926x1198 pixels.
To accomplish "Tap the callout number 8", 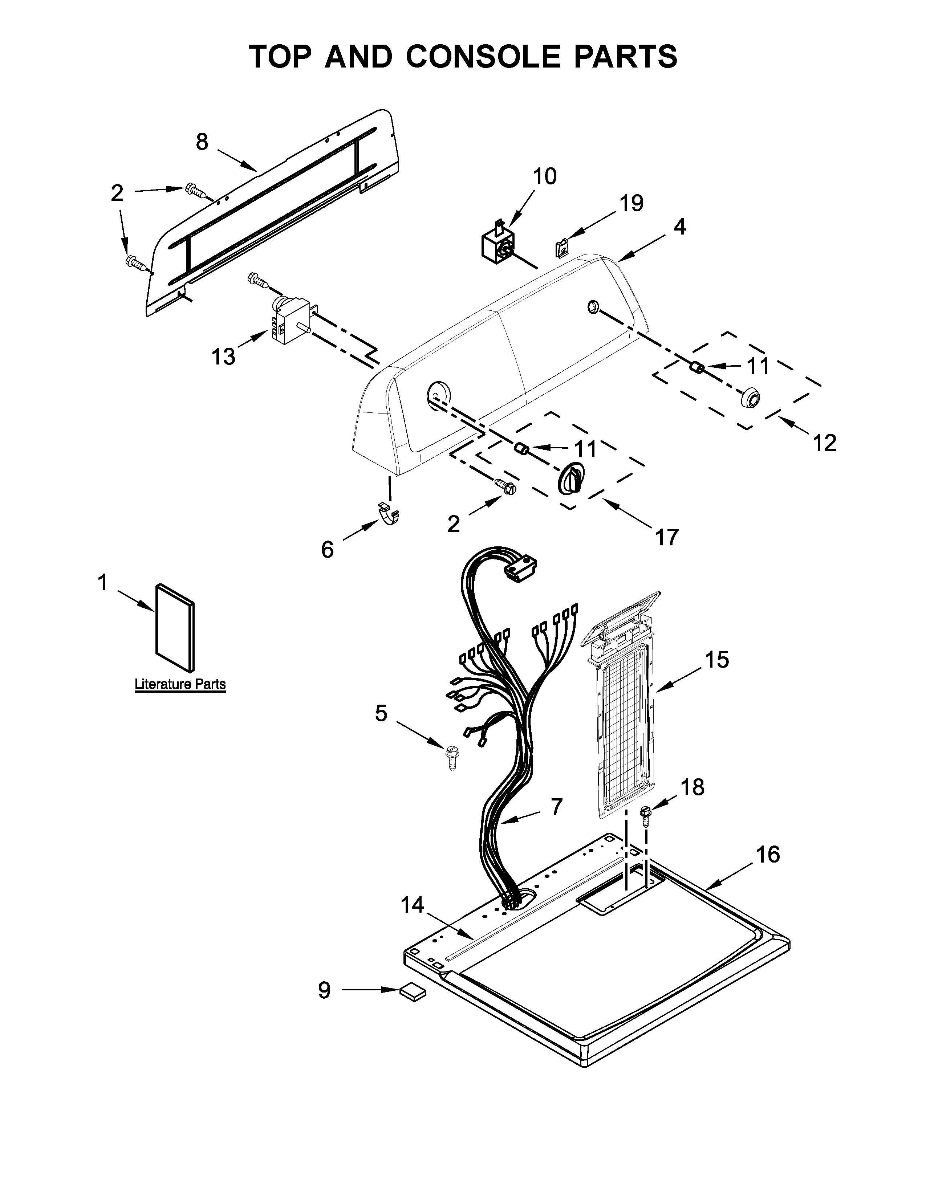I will click(202, 142).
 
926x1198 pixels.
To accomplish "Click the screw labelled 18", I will click(645, 816).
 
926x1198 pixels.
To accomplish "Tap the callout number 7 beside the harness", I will click(556, 806).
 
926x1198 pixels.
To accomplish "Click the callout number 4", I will click(679, 226).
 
